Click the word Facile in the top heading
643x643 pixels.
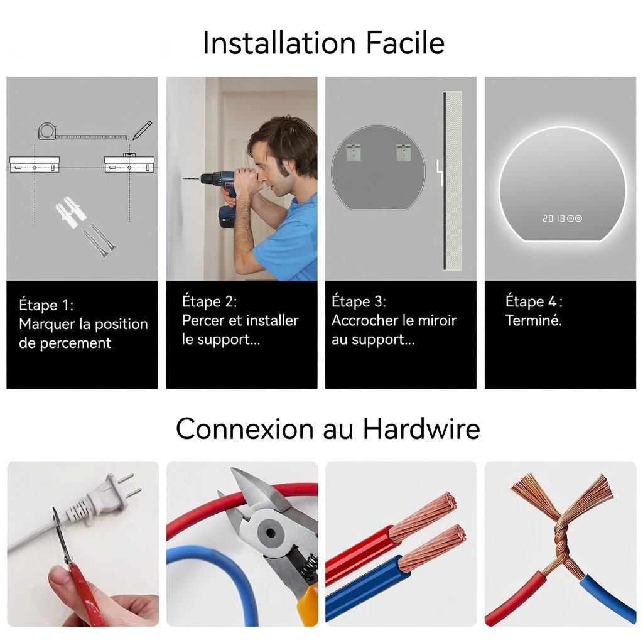pos(405,42)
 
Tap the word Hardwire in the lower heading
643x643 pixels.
pos(421,429)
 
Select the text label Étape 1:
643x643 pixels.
pos(46,305)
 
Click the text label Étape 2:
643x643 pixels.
pos(209,301)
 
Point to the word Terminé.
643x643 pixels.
pos(533,320)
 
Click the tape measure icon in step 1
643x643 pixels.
pos(82,132)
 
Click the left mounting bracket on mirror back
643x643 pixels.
pos(354,152)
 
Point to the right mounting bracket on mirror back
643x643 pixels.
pos(404,152)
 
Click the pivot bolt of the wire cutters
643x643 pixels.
pos(270,533)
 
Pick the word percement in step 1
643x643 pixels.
pos(75,343)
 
